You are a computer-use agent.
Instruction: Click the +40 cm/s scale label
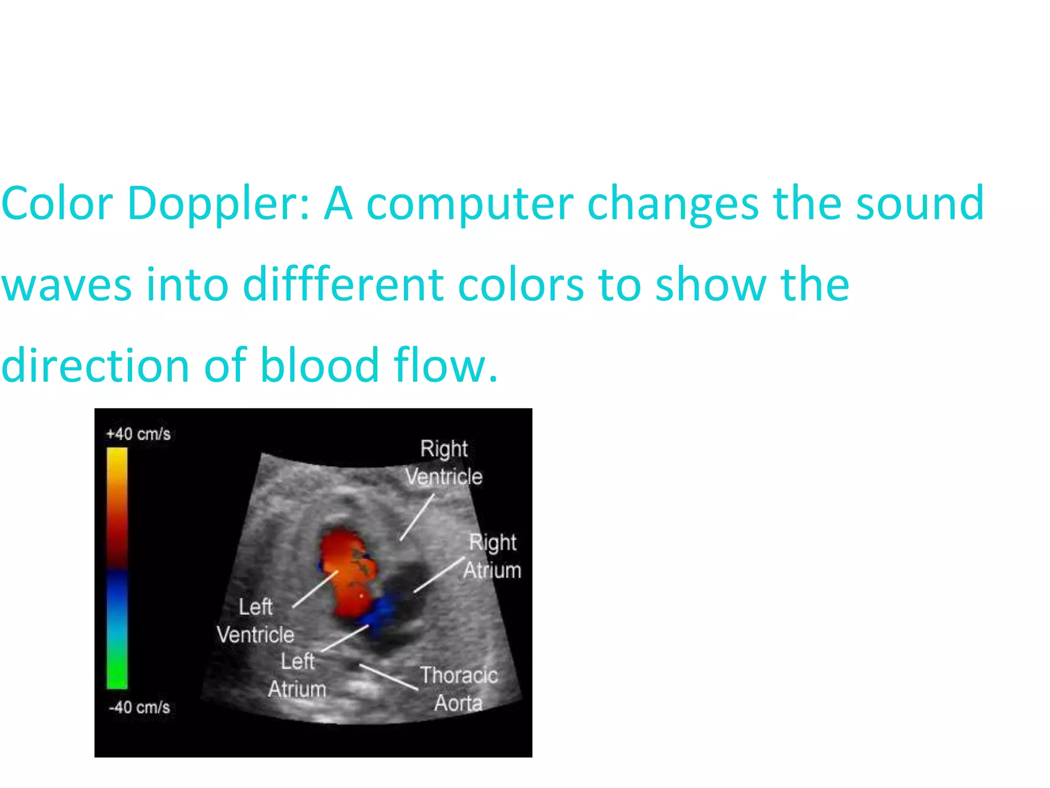(138, 434)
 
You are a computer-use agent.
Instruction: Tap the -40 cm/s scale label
(139, 707)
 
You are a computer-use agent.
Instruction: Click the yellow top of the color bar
(117, 457)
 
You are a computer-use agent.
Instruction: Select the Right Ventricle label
(444, 463)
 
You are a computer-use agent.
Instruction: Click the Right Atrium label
(492, 556)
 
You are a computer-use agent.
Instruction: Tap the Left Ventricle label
(255, 621)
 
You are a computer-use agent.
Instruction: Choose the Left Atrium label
(297, 675)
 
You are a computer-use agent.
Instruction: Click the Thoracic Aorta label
(459, 689)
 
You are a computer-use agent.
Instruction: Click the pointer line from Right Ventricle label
(417, 517)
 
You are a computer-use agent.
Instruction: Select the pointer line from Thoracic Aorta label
(389, 677)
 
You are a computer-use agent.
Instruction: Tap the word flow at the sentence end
(444, 365)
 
